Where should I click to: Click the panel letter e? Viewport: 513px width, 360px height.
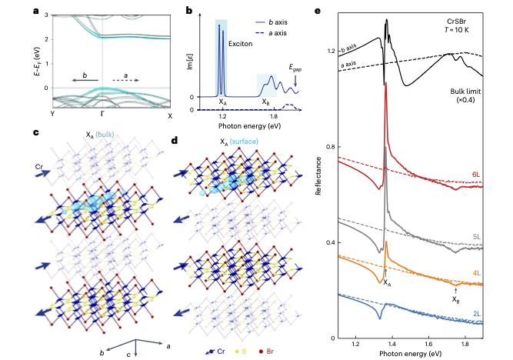[319, 12]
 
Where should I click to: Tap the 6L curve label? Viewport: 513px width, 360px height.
[476, 175]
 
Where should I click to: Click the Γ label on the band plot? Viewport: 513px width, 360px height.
[102, 115]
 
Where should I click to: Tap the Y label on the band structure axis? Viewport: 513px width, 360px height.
[52, 115]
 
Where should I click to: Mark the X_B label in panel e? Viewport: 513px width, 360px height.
[456, 299]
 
